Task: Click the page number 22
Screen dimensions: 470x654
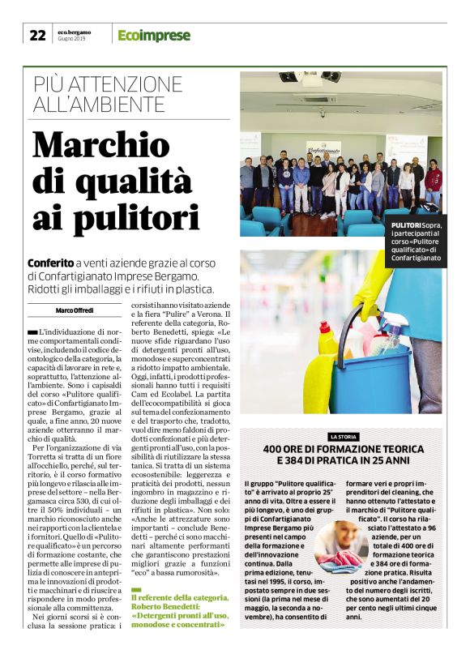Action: coord(37,35)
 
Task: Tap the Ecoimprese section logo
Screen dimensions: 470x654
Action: coord(154,35)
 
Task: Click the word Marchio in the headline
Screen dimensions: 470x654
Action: coord(110,144)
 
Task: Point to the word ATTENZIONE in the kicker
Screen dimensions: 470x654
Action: coord(131,84)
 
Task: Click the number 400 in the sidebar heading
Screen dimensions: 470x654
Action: coord(274,450)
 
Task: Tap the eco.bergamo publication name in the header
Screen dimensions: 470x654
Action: coord(74,32)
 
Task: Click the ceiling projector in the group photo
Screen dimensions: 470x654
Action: coord(310,79)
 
